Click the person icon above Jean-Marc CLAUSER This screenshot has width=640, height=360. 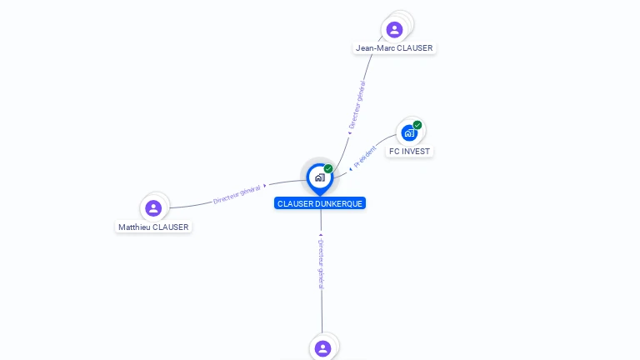[394, 29]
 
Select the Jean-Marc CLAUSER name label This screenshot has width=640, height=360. [394, 48]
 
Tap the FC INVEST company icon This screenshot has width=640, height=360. [408, 133]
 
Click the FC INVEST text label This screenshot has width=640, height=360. [409, 152]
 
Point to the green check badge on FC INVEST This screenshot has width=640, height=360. [417, 125]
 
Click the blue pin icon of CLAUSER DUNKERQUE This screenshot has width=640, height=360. [319, 177]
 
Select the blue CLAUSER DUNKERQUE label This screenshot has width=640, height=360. [320, 203]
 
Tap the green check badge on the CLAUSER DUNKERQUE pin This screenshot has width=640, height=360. [328, 169]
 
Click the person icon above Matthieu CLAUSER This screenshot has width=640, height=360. [153, 208]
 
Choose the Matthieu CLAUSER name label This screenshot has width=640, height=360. [153, 227]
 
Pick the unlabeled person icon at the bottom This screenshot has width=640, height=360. [322, 348]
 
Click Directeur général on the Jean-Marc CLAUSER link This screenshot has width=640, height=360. [357, 104]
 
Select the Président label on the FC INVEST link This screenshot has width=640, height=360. [365, 157]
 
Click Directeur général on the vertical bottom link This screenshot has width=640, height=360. [321, 263]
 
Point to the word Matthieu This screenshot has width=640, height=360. [135, 227]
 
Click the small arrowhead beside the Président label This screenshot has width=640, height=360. [351, 169]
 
